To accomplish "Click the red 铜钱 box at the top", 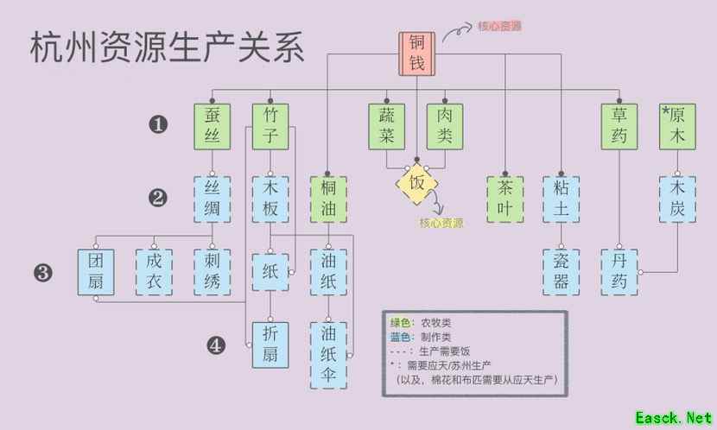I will pyautogui.click(x=417, y=53).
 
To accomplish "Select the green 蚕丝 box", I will pyautogui.click(x=212, y=125).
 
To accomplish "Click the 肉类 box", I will pyautogui.click(x=445, y=125).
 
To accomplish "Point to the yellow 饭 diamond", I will pyautogui.click(x=416, y=183).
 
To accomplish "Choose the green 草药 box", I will pyautogui.click(x=620, y=125).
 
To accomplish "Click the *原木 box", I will pyautogui.click(x=677, y=125).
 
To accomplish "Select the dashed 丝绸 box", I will pyautogui.click(x=212, y=199).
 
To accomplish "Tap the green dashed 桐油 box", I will pyautogui.click(x=328, y=199).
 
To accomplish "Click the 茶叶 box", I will pyautogui.click(x=504, y=199).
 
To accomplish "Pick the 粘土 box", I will pyautogui.click(x=562, y=199).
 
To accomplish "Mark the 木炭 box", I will pyautogui.click(x=677, y=199).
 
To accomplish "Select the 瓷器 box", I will pyautogui.click(x=562, y=272).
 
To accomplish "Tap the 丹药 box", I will pyautogui.click(x=620, y=272).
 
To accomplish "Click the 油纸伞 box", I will pyautogui.click(x=328, y=354).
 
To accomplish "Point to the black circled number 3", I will pyautogui.click(x=43, y=273).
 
